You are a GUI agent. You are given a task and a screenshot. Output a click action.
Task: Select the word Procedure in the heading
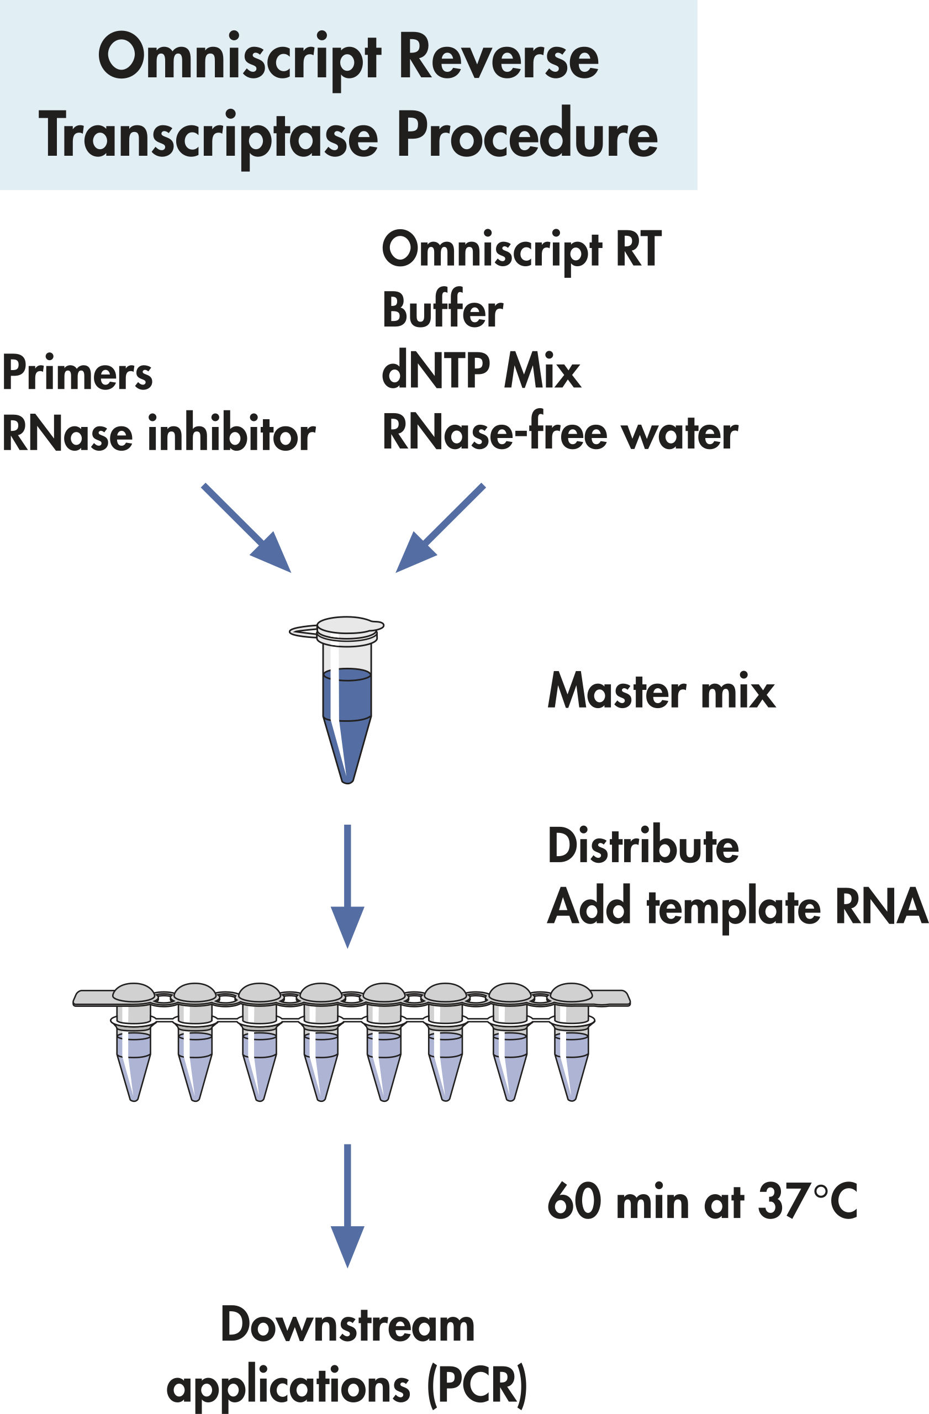click(x=527, y=135)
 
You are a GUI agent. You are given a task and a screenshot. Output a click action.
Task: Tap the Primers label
click(x=77, y=373)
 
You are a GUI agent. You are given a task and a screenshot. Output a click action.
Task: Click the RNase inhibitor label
click(x=159, y=434)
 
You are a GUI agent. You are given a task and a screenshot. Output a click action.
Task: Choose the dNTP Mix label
click(x=481, y=371)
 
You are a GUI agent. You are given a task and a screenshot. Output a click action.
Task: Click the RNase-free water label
click(x=559, y=432)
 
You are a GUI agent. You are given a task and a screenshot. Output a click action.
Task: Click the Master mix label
click(x=661, y=692)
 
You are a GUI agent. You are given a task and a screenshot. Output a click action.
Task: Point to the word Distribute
click(x=643, y=846)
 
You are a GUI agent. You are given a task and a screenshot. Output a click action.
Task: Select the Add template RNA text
click(x=737, y=907)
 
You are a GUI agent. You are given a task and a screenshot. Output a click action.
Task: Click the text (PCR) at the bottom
click(x=477, y=1385)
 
